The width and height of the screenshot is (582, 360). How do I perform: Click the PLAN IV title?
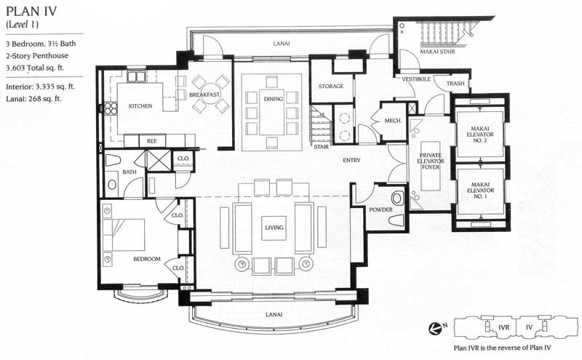[x=31, y=12]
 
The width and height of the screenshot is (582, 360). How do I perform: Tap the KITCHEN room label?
[x=140, y=106]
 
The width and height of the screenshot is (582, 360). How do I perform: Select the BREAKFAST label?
[x=204, y=95]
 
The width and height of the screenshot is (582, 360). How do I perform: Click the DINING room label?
[x=274, y=99]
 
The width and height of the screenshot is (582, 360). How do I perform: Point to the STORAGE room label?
[x=331, y=86]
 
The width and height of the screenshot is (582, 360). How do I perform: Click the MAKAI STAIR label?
[x=437, y=52]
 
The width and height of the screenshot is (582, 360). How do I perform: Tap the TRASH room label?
[x=455, y=84]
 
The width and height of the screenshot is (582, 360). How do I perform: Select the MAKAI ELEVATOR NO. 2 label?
[x=480, y=135]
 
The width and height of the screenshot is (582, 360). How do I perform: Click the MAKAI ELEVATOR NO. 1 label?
[x=480, y=190]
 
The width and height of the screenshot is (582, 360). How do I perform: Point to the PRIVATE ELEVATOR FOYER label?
[x=431, y=161]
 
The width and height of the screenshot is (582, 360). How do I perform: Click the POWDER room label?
[x=380, y=209]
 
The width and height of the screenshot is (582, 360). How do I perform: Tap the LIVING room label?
[x=274, y=228]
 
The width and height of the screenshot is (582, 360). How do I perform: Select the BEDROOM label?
[x=147, y=259]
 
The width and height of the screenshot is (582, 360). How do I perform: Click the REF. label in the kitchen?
[x=152, y=141]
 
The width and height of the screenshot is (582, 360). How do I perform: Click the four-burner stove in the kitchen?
[x=111, y=108]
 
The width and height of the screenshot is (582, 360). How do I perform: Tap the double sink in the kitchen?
[x=136, y=76]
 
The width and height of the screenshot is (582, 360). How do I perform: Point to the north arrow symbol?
[x=434, y=328]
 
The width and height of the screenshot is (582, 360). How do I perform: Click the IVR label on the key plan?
[x=503, y=327]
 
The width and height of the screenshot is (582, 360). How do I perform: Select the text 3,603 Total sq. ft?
[x=35, y=68]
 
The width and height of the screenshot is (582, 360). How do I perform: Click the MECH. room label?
[x=393, y=121]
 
